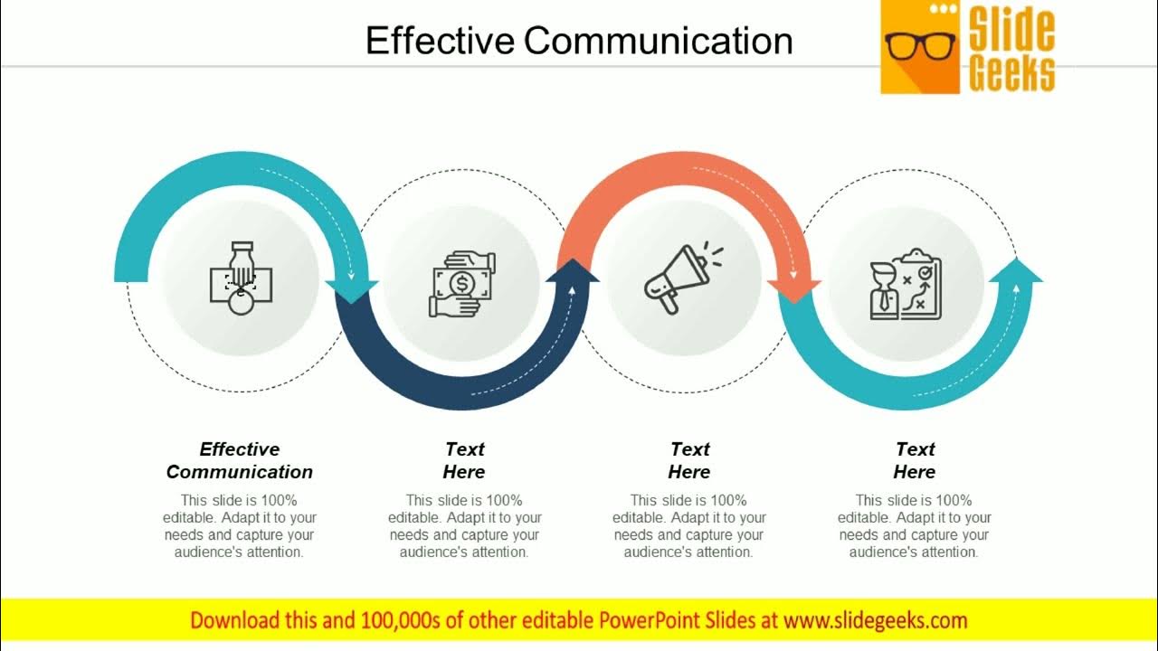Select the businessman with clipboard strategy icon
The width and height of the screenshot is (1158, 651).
pyautogui.click(x=906, y=284)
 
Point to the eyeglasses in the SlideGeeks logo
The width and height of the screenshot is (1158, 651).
pyautogui.click(x=920, y=45)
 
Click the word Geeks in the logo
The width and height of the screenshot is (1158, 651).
pyautogui.click(x=1011, y=72)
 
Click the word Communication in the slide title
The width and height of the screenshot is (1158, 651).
pyautogui.click(x=658, y=41)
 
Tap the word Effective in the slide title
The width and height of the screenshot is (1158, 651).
pyautogui.click(x=441, y=41)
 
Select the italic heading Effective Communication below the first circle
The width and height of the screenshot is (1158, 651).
pyautogui.click(x=240, y=460)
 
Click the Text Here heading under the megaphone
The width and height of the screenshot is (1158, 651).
pyautogui.click(x=689, y=460)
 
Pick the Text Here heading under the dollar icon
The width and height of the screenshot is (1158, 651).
pyautogui.click(x=464, y=460)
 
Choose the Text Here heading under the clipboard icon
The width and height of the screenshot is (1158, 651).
pyautogui.click(x=915, y=460)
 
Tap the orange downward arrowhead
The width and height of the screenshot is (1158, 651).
pyautogui.click(x=794, y=289)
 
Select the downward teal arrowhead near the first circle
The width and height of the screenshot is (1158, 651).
pyautogui.click(x=351, y=289)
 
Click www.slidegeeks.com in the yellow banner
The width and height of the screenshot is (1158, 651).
pyautogui.click(x=875, y=620)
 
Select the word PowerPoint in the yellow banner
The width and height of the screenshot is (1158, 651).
pyautogui.click(x=647, y=620)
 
